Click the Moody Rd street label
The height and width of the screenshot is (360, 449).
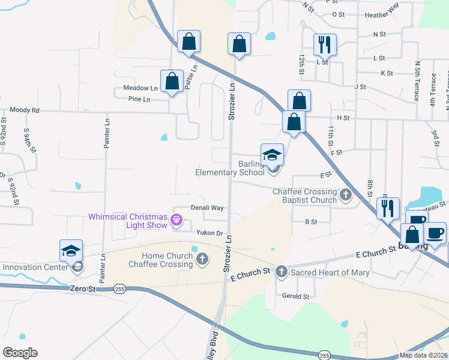click(x=24, y=110)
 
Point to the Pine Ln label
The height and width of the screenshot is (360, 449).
click(x=139, y=99)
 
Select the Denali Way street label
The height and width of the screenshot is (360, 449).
click(x=208, y=208)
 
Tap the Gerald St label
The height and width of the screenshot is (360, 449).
click(x=295, y=296)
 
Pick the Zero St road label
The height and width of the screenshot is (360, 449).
click(x=83, y=289)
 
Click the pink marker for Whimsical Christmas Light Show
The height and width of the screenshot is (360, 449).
click(x=176, y=220)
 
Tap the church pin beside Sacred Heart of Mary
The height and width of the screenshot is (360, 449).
click(x=280, y=272)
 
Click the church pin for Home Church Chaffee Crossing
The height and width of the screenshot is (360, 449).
click(x=203, y=260)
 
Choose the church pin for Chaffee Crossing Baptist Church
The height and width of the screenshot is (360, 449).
click(x=345, y=194)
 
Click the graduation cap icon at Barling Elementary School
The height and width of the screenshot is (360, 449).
click(x=272, y=154)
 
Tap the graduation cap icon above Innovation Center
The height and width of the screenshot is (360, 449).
click(x=71, y=250)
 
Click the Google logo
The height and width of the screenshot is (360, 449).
click(x=19, y=353)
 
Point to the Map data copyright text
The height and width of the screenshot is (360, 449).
click(x=423, y=355)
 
